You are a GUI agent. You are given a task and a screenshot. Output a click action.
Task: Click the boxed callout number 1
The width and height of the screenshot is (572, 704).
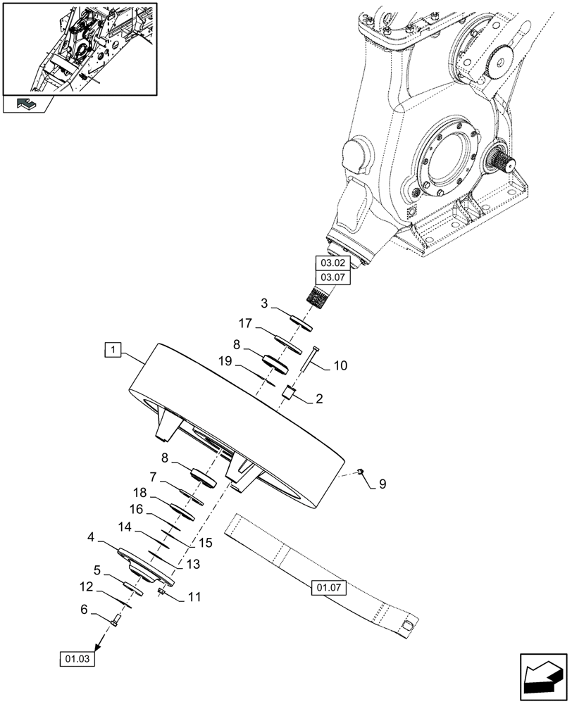(x=113, y=348)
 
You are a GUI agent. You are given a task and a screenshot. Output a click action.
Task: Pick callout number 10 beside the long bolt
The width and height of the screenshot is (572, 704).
(x=340, y=365)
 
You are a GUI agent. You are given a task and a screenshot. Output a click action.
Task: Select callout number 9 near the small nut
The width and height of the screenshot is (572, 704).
(x=383, y=484)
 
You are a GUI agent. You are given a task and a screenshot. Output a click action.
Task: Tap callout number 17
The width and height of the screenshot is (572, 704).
(x=244, y=324)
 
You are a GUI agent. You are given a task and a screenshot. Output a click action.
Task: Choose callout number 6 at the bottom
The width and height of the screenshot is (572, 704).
(x=85, y=610)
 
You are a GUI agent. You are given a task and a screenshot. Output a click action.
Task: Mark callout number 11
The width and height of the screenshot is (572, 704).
(x=194, y=597)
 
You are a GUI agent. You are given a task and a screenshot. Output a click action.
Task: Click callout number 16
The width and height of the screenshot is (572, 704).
(x=137, y=508)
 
